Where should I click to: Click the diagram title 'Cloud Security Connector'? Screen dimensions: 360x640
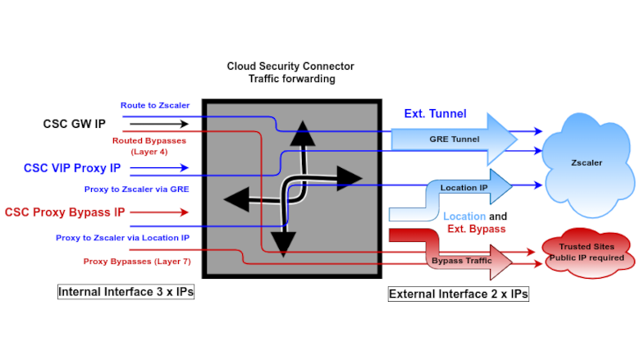[x=291, y=66]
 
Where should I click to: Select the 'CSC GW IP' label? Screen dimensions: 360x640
[x=74, y=124]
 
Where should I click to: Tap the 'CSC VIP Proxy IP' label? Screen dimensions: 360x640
[x=71, y=168]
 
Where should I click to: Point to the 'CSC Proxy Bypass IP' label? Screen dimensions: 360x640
[x=65, y=212]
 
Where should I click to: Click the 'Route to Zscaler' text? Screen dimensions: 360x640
[x=154, y=105]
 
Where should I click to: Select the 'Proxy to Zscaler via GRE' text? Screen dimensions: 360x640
[x=136, y=189]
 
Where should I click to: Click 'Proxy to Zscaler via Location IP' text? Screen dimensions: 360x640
[x=122, y=237]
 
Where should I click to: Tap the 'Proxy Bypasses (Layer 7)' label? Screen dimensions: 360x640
[x=136, y=262]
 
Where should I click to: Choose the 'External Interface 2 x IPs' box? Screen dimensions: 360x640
[x=458, y=294]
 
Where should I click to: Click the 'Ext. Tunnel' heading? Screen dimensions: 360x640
[x=435, y=114]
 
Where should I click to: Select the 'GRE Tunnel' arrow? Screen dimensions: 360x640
[x=454, y=139]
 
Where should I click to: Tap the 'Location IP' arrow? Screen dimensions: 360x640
[x=464, y=188]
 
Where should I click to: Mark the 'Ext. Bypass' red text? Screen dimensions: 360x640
[x=476, y=229]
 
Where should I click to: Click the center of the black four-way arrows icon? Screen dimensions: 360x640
[x=292, y=189]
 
